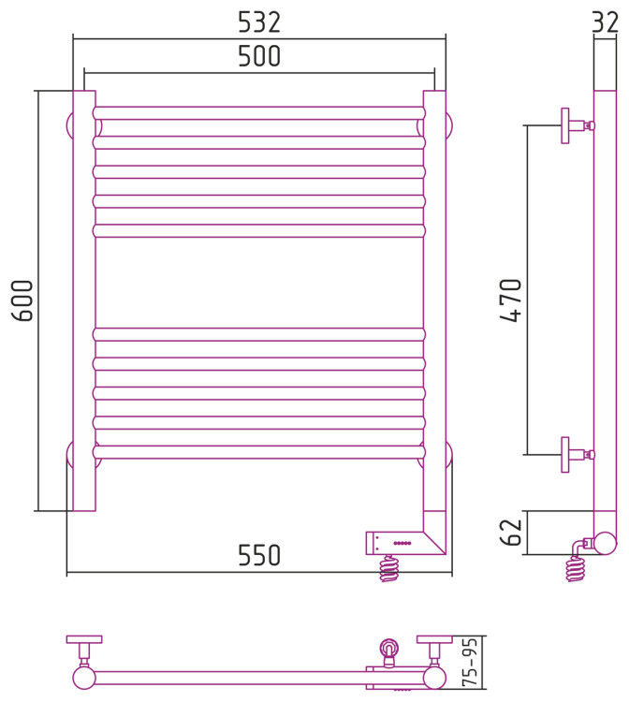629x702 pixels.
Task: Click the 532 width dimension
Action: pos(259,22)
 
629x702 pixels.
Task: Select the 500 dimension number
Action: pos(259,56)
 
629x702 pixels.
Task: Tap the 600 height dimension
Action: pos(22,300)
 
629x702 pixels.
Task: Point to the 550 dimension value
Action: pos(259,555)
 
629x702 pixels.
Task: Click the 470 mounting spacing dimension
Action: pos(511,300)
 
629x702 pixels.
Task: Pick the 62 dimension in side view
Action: pos(511,533)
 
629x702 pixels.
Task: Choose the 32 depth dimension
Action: pos(606,22)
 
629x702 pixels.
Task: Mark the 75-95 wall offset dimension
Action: pos(470,663)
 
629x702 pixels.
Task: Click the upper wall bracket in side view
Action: pos(578,125)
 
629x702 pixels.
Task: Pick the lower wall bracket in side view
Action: pos(578,454)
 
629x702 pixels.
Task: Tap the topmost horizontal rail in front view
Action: pos(259,113)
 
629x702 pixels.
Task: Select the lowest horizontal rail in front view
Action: pos(259,452)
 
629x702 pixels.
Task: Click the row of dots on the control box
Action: pos(402,543)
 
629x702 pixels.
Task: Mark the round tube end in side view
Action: pos(605,543)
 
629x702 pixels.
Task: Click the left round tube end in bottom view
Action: pos(84,678)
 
